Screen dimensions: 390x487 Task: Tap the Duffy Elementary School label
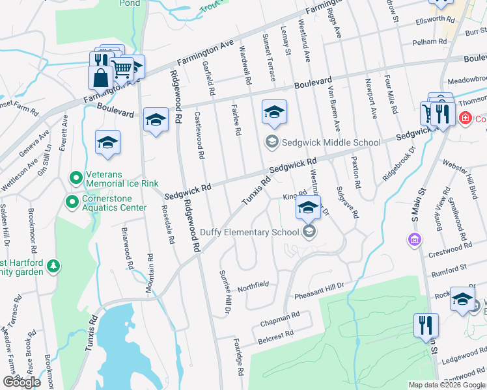click(x=249, y=232)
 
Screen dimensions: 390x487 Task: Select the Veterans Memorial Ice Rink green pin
click(x=76, y=177)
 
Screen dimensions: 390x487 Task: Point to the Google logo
click(x=21, y=382)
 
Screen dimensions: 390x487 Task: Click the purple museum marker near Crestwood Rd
click(x=413, y=241)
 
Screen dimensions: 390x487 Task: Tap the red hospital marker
click(x=465, y=119)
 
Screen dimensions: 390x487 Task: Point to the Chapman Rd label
click(x=280, y=318)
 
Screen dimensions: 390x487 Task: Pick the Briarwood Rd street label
click(x=128, y=248)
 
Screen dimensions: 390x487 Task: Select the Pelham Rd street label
click(x=429, y=42)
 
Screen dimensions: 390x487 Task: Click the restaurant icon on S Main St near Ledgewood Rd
click(x=426, y=324)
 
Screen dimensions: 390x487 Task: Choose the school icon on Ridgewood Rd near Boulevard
click(x=155, y=120)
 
